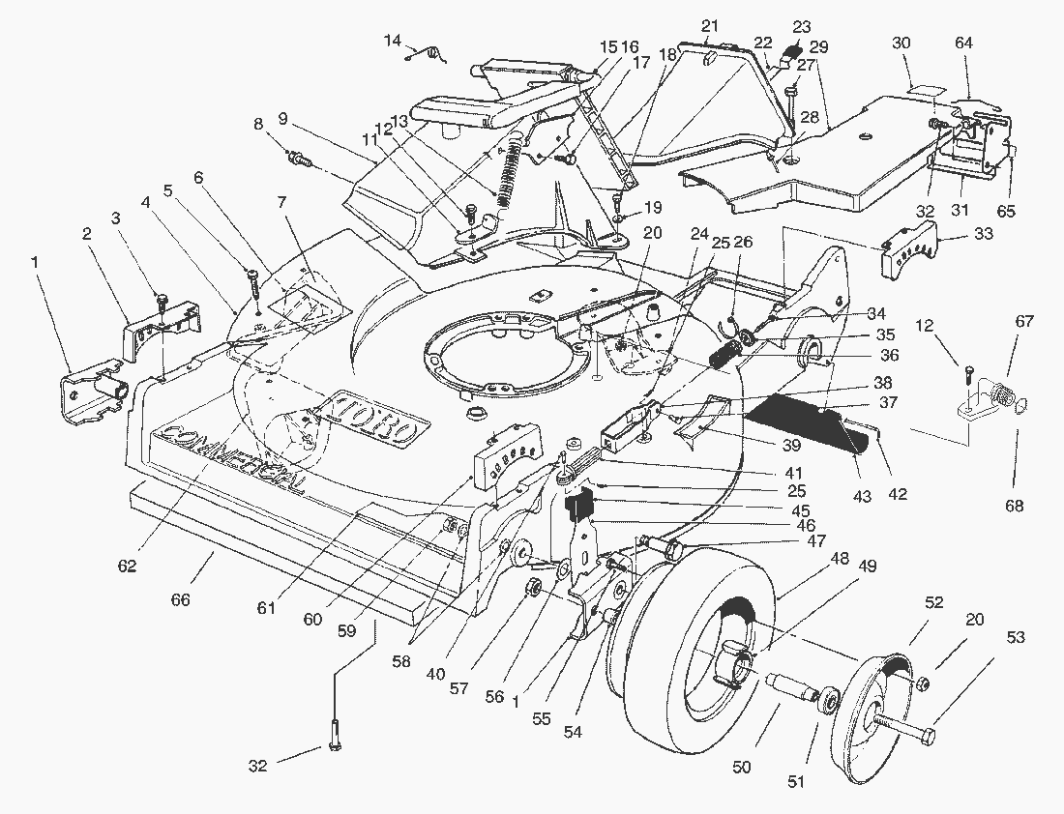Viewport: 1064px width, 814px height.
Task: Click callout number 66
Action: click(180, 600)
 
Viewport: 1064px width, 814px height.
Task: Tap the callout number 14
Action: click(392, 41)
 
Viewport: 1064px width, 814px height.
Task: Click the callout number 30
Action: click(901, 44)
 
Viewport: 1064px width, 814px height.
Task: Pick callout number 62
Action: click(128, 566)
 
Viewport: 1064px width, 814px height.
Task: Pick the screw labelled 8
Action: click(301, 160)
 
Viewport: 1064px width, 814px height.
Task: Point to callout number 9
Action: click(282, 118)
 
